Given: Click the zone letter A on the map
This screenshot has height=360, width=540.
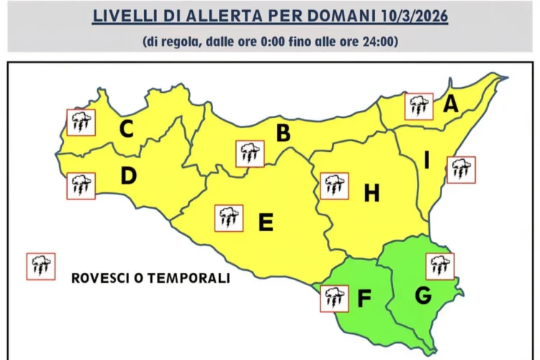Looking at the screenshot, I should (x=451, y=105).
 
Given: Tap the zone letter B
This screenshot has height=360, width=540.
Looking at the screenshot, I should (x=284, y=133).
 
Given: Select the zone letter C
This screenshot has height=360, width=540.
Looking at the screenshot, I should (x=127, y=130).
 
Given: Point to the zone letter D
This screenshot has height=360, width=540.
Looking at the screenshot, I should (x=128, y=176).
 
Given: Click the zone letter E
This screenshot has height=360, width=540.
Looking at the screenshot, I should (x=266, y=223).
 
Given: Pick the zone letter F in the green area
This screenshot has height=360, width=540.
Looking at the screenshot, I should (x=364, y=298).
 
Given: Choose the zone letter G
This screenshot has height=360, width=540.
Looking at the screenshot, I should (x=423, y=295).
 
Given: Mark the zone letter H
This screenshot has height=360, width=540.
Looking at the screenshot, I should (x=372, y=193).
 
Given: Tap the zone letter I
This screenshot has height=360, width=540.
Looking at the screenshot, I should (x=426, y=163).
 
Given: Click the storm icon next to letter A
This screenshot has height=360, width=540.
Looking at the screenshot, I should (x=418, y=107).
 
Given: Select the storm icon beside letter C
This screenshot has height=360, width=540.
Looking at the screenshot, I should (x=81, y=122).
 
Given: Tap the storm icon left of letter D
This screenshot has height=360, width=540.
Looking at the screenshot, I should (x=81, y=186).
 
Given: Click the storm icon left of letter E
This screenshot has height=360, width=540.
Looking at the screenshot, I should (x=229, y=217).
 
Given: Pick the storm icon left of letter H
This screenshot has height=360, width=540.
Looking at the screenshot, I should (x=334, y=186).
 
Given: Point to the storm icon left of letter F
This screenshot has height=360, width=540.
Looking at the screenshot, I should (x=333, y=298).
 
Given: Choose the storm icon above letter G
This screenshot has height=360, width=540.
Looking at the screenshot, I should (x=440, y=266).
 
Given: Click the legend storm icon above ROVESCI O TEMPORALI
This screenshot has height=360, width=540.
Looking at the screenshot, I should (x=40, y=266).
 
